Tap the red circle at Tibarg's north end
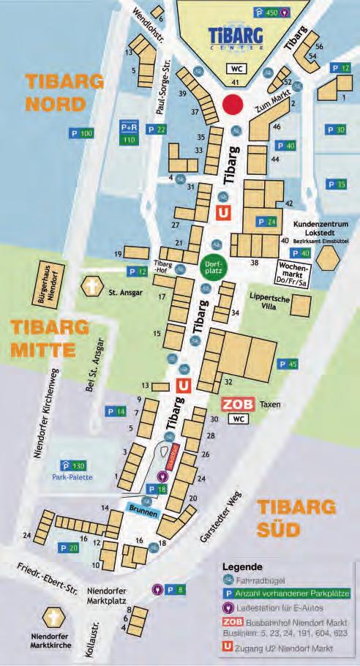coord(233,104)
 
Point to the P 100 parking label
coord(81,133)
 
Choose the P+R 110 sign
coord(130,132)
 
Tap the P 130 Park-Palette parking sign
coord(73,465)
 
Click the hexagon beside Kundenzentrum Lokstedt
coord(329,258)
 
